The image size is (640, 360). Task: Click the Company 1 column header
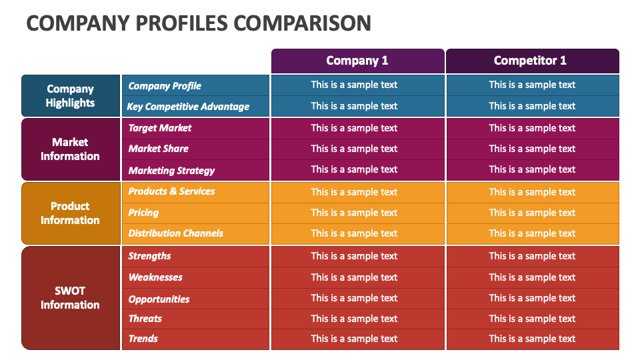pyautogui.click(x=357, y=61)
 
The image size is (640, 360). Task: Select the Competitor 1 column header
pyautogui.click(x=531, y=61)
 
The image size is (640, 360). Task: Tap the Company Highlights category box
pyautogui.click(x=70, y=96)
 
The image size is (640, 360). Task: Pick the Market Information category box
pyautogui.click(x=70, y=149)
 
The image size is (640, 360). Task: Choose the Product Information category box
pyautogui.click(x=70, y=213)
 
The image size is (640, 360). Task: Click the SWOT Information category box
pyautogui.click(x=70, y=297)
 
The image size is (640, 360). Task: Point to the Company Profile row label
pyautogui.click(x=165, y=85)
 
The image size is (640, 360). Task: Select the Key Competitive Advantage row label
pyautogui.click(x=189, y=106)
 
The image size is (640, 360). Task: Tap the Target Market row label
pyautogui.click(x=160, y=128)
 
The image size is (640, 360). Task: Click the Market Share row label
pyautogui.click(x=159, y=149)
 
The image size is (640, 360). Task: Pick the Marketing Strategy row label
pyautogui.click(x=171, y=170)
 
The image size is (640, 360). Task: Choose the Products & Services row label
pyautogui.click(x=171, y=191)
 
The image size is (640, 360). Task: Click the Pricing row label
pyautogui.click(x=143, y=213)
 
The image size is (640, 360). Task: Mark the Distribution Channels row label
pyautogui.click(x=176, y=233)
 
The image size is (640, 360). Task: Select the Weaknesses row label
pyautogui.click(x=155, y=277)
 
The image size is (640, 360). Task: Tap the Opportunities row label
pyautogui.click(x=159, y=299)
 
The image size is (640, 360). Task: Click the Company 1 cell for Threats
pyautogui.click(x=354, y=319)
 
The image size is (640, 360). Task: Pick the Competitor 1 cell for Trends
pyautogui.click(x=532, y=339)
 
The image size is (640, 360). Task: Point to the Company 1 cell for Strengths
pyautogui.click(x=354, y=256)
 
